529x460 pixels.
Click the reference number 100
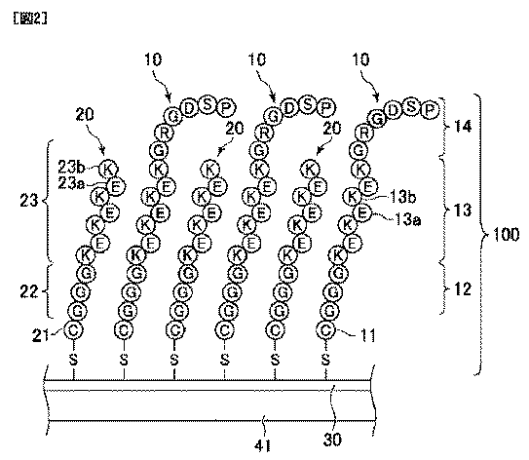pos(506,234)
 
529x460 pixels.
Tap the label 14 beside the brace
pos(462,127)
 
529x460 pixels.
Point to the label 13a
pos(407,220)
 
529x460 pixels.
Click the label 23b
pos(71,166)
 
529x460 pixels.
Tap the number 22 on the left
pos(29,291)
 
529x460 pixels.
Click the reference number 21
pos(40,335)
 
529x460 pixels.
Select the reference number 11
pos(367,335)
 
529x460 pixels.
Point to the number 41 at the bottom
pos(262,446)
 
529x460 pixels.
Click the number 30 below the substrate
pos(332,440)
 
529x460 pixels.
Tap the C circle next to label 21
pos(73,329)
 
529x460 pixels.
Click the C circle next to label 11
pos(326,329)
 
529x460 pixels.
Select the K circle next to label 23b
pos(108,169)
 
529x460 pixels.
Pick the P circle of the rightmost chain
pos(429,110)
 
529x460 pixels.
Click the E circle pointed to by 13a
pos(362,213)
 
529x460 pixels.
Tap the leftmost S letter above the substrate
pos(73,360)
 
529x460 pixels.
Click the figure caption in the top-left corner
pos(30,19)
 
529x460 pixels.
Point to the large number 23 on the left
pos(29,201)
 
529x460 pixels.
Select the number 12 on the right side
pos(462,288)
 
